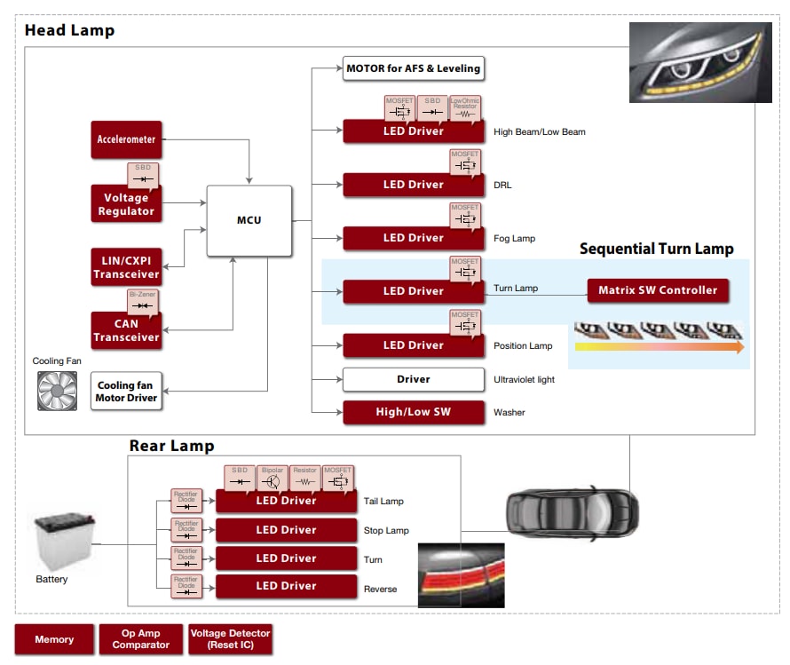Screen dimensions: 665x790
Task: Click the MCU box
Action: tap(249, 221)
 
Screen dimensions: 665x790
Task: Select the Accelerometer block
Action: tap(126, 139)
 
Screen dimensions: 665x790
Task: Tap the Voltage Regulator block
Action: tap(126, 204)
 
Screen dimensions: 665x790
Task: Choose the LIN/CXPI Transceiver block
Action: tap(126, 267)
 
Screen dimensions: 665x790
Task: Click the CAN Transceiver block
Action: tap(126, 330)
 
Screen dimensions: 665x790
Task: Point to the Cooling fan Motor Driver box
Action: tap(126, 392)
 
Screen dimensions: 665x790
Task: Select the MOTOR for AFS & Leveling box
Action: tap(414, 68)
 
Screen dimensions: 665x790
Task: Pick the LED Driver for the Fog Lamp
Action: tap(414, 238)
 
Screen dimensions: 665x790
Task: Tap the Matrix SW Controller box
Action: tap(658, 290)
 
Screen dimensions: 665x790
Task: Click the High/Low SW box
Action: tap(414, 412)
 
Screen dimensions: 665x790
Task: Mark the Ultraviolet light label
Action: tap(524, 380)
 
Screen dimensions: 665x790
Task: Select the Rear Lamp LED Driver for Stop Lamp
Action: tap(286, 530)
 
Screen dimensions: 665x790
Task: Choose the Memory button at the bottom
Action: tap(54, 639)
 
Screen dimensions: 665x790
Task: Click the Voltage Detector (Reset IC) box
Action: tap(230, 639)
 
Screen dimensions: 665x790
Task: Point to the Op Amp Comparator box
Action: tap(141, 639)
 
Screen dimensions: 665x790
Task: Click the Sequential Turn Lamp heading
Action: tap(656, 249)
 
